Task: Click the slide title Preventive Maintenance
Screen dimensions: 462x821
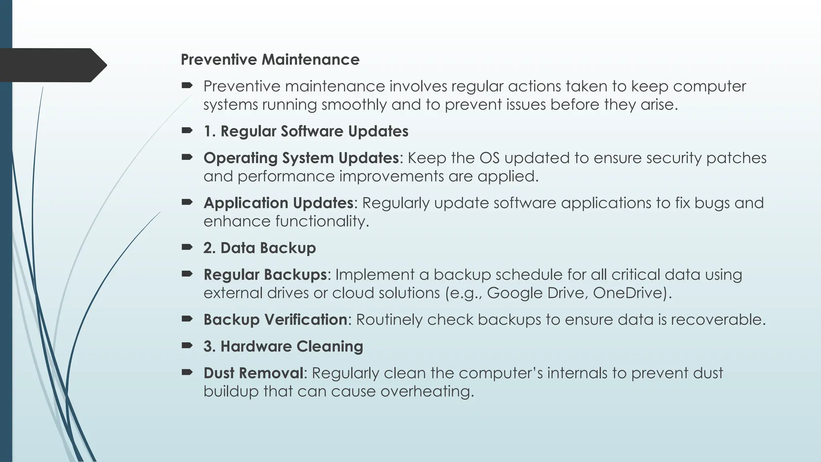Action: (x=270, y=60)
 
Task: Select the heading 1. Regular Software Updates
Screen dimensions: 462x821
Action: (x=306, y=132)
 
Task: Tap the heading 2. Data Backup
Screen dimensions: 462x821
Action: (x=259, y=248)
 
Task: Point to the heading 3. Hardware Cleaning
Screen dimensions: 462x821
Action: (x=283, y=346)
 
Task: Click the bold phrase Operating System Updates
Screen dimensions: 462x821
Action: (x=301, y=158)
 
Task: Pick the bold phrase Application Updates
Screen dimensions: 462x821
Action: (x=278, y=203)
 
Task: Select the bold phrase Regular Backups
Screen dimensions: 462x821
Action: (x=265, y=275)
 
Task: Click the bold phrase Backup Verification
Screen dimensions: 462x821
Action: (x=275, y=320)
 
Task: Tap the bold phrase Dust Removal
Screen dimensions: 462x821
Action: (x=253, y=373)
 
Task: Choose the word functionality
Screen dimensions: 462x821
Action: (x=286, y=221)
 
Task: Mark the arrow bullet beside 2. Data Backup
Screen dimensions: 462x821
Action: (x=187, y=247)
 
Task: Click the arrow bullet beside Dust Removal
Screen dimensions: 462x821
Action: (x=187, y=372)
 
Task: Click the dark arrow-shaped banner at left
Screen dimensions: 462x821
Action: (x=52, y=65)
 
